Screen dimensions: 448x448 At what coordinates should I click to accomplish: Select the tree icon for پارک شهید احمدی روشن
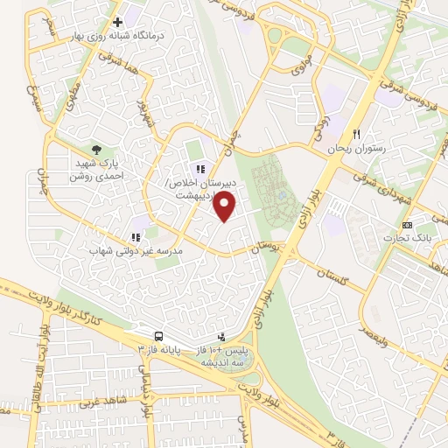coord(96,150)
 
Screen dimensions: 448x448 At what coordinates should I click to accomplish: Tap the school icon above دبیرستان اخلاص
coord(200,169)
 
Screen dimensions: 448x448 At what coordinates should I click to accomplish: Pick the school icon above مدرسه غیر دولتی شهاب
coord(136,236)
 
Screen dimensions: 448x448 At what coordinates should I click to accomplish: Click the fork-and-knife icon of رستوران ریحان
coord(356,134)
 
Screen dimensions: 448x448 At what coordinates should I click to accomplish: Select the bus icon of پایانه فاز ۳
coord(158,336)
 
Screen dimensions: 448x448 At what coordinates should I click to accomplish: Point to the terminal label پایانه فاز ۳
coord(159,349)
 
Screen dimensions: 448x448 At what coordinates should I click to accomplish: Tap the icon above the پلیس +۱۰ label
coord(221,336)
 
